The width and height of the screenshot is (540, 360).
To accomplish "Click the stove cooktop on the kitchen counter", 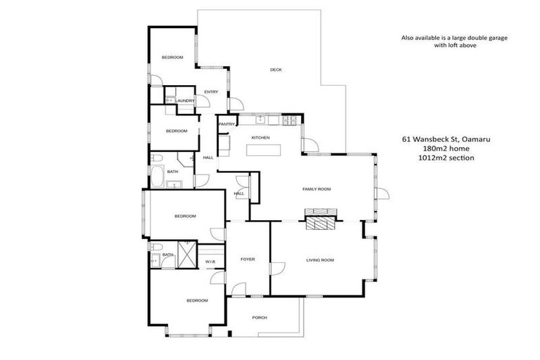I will coord(290,120).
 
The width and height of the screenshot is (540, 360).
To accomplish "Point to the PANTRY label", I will coord(226,124).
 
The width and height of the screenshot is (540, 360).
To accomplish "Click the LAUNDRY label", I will coord(185,101).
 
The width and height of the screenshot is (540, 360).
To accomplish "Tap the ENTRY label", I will coord(211,92).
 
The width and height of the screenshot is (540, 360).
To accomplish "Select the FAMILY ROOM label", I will coord(316,189).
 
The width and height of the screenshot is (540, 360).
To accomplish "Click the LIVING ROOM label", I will coord(319,260).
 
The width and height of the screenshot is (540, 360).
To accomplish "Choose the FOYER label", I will coord(247,259).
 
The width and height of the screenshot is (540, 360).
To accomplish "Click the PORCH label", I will coord(259,318).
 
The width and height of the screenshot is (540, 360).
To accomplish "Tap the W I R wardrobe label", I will coord(210,262).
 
